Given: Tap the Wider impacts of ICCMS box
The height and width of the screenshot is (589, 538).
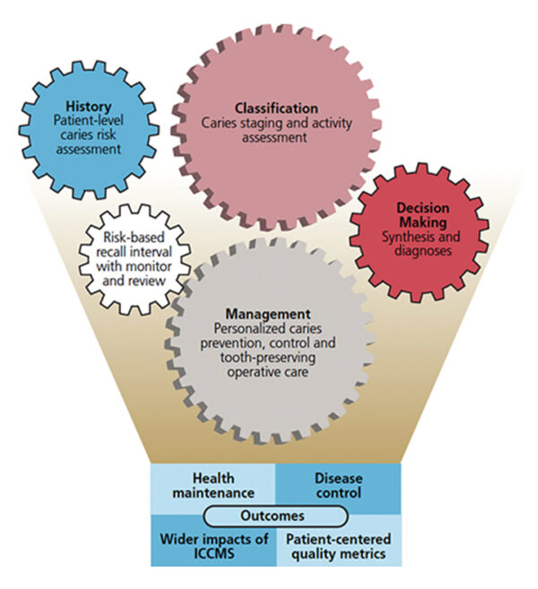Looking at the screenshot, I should pos(212,545).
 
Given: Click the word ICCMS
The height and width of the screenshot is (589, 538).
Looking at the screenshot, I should pos(212,553).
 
